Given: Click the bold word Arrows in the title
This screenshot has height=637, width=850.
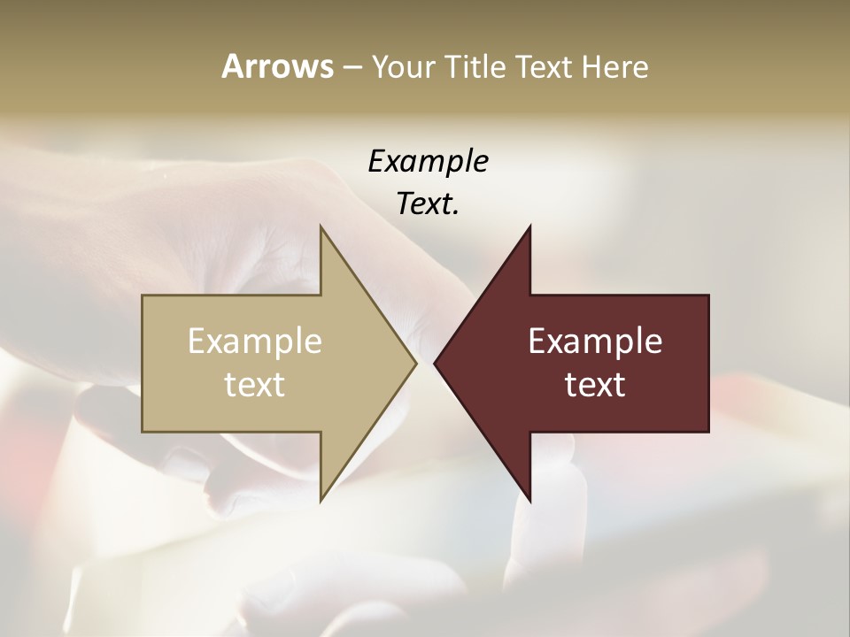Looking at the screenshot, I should (276, 66).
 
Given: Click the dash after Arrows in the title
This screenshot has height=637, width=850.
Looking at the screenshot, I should (352, 68).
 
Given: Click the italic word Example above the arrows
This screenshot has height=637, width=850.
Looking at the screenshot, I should (428, 162).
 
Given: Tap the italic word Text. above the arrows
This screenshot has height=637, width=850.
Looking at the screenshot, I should (428, 204).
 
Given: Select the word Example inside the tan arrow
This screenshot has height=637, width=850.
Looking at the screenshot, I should (255, 342).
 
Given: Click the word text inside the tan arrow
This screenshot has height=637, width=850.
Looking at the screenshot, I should (255, 385).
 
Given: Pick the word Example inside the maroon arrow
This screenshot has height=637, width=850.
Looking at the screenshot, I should (595, 342).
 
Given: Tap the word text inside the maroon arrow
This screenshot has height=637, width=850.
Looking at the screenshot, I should (595, 385).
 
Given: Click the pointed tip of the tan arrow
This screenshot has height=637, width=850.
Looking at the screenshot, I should (415, 363).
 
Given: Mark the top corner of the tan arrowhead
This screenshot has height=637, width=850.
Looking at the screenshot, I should (321, 226).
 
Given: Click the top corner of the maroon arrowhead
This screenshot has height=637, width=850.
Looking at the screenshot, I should (529, 226).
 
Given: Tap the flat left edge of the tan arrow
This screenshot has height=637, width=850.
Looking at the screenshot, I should (143, 363).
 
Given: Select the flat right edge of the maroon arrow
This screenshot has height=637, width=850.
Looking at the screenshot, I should (708, 363).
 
